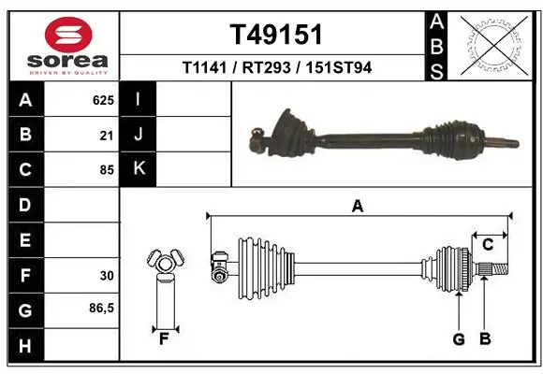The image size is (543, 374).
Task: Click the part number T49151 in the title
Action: [x=276, y=35]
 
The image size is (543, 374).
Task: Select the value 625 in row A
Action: [x=103, y=99]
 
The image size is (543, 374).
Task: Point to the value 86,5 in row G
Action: [x=101, y=310]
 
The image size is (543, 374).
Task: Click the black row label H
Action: [x=25, y=346]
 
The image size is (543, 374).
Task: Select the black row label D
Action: [x=25, y=205]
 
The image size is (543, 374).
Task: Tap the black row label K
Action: [x=139, y=169]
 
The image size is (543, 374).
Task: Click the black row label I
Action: [x=139, y=99]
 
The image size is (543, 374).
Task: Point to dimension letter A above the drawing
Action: [x=357, y=207]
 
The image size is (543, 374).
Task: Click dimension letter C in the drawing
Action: [x=488, y=244]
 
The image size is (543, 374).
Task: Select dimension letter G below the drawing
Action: [x=459, y=339]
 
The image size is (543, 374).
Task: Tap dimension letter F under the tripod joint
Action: [x=163, y=339]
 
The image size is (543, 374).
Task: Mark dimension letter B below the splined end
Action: [x=485, y=339]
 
